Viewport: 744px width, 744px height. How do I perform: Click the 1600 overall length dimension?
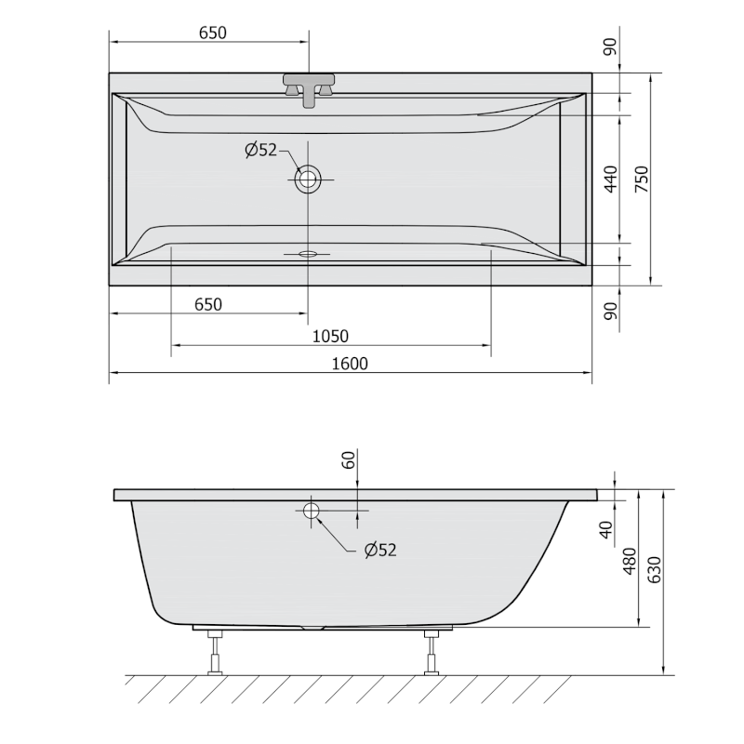click(350, 364)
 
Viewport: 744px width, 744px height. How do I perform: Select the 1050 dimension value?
click(330, 337)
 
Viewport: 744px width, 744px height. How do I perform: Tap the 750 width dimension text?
click(642, 179)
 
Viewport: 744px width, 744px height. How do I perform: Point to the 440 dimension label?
click(611, 179)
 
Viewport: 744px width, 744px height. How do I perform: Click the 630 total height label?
click(655, 570)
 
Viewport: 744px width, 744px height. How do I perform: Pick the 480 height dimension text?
click(630, 561)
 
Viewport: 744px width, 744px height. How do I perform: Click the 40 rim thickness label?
click(606, 529)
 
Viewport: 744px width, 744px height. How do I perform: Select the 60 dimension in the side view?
click(349, 459)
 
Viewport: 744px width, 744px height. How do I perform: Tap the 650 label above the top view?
click(213, 33)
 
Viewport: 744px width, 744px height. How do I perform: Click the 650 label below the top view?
click(208, 305)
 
